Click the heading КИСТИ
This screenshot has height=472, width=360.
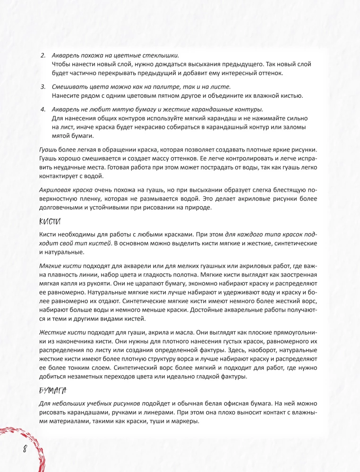pos(49,221)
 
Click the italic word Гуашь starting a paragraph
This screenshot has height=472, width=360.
pos(47,149)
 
